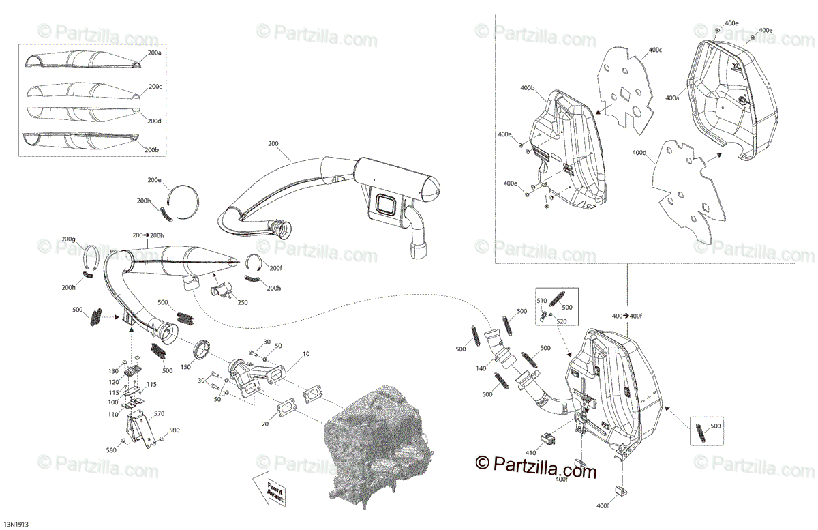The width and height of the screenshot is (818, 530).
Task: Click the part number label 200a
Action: click(155, 53)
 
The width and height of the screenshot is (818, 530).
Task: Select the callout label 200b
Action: click(155, 149)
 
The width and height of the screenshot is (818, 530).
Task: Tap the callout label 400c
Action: click(655, 50)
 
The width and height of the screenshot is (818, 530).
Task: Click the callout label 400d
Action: click(639, 152)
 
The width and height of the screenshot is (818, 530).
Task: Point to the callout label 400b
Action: click(527, 88)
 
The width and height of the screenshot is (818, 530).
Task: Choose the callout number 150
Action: click(185, 368)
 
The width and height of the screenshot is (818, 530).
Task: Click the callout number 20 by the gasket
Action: click(265, 424)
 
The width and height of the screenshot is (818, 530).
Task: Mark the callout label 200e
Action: click(155, 180)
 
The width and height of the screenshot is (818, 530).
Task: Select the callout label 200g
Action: click(68, 239)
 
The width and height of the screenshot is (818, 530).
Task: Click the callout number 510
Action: click(541, 300)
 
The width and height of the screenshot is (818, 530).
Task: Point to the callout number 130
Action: click(112, 371)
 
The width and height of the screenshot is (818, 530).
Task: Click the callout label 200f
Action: click(274, 267)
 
